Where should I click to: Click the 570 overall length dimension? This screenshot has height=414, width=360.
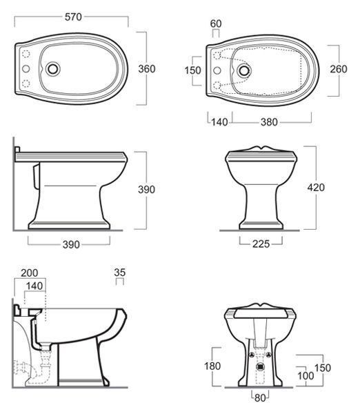[x=73, y=17]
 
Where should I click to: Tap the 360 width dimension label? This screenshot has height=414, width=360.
[x=147, y=69]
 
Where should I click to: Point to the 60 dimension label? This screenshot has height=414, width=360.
[x=216, y=23]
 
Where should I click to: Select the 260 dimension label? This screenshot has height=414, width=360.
[x=339, y=69]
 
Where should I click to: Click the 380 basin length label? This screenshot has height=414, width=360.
[x=269, y=122]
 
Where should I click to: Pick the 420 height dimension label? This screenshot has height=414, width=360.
[x=316, y=188]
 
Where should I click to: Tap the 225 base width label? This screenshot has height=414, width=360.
[x=261, y=244]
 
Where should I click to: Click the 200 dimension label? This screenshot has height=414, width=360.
[x=30, y=273]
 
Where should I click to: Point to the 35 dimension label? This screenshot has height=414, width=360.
[x=120, y=273]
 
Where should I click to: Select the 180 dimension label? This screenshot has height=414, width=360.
[x=212, y=366]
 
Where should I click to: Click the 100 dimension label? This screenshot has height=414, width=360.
[x=306, y=376]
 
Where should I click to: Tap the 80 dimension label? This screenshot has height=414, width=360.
[x=260, y=398]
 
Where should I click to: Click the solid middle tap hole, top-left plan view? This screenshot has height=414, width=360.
[x=26, y=69]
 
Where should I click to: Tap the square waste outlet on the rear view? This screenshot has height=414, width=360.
[x=260, y=366]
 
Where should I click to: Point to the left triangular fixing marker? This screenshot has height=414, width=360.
[x=252, y=355]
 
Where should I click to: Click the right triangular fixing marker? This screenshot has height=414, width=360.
[x=269, y=355]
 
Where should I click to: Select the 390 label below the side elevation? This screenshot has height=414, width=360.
[x=71, y=244]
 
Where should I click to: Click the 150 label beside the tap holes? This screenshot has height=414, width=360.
[x=192, y=70]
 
